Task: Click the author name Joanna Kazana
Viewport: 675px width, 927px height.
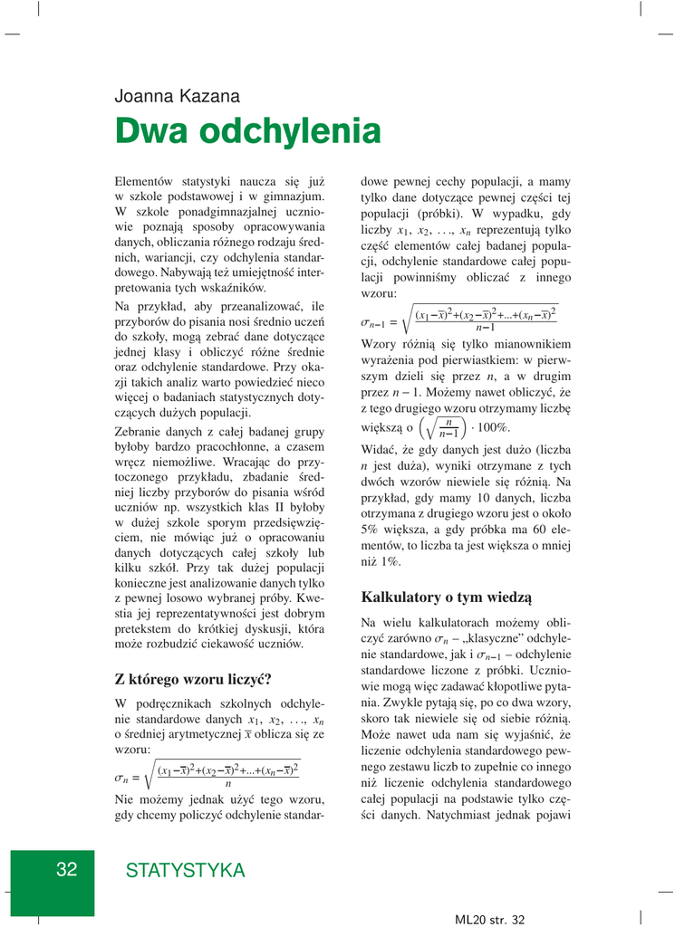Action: [178, 96]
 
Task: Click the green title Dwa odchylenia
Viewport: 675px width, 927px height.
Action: [247, 132]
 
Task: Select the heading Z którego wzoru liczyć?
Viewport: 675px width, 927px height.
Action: [193, 679]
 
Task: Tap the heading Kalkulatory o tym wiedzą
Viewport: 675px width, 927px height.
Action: [446, 597]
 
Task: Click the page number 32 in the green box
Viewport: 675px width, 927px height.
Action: [66, 870]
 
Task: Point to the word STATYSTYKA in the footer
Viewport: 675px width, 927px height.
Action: [185, 871]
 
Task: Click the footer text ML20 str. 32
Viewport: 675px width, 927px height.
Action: [490, 919]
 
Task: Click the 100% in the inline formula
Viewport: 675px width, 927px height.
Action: [495, 427]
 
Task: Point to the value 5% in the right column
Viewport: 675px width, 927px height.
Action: [370, 528]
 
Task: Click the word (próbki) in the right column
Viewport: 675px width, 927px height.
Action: [424, 215]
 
